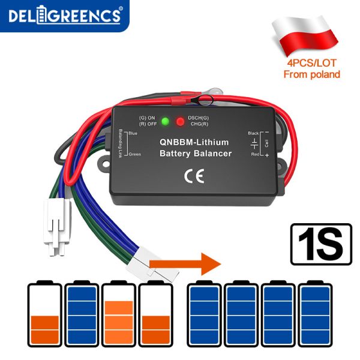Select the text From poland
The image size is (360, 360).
pyautogui.click(x=311, y=74)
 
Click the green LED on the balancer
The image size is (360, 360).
pyautogui.click(x=165, y=122)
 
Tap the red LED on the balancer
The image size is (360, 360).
pyautogui.click(x=180, y=122)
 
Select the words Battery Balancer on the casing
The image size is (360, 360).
pyautogui.click(x=195, y=154)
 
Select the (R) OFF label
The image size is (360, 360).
pyautogui.click(x=147, y=124)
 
